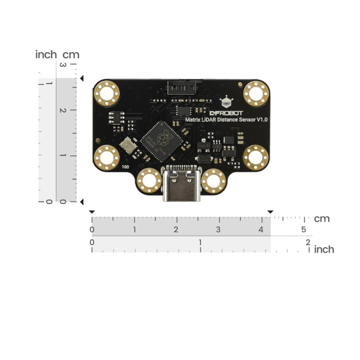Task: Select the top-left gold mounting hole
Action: (x=107, y=94)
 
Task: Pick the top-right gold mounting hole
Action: (x=256, y=94)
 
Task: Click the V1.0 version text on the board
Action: (x=262, y=120)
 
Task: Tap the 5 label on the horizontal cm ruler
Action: (x=304, y=230)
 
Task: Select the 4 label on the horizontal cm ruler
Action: (x=261, y=230)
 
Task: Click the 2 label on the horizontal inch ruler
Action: (x=308, y=243)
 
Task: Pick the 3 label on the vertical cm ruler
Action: (x=63, y=66)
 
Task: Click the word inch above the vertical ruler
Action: (x=46, y=55)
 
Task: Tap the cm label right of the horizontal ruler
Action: (x=322, y=219)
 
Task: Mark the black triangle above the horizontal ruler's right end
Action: (x=270, y=212)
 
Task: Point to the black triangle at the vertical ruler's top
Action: (x=81, y=79)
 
